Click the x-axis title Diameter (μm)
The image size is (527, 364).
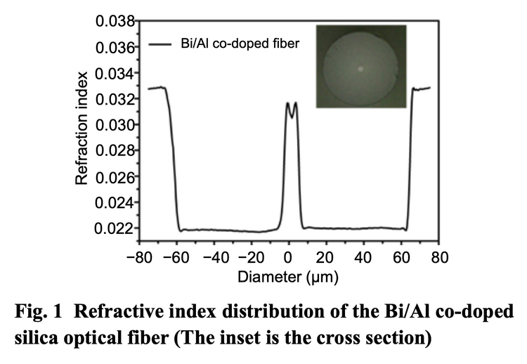pyautogui.click(x=289, y=278)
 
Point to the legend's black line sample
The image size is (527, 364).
pyautogui.click(x=160, y=44)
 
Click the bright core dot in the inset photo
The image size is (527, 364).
pyautogui.click(x=361, y=69)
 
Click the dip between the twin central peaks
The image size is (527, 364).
pyautogui.click(x=291, y=110)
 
